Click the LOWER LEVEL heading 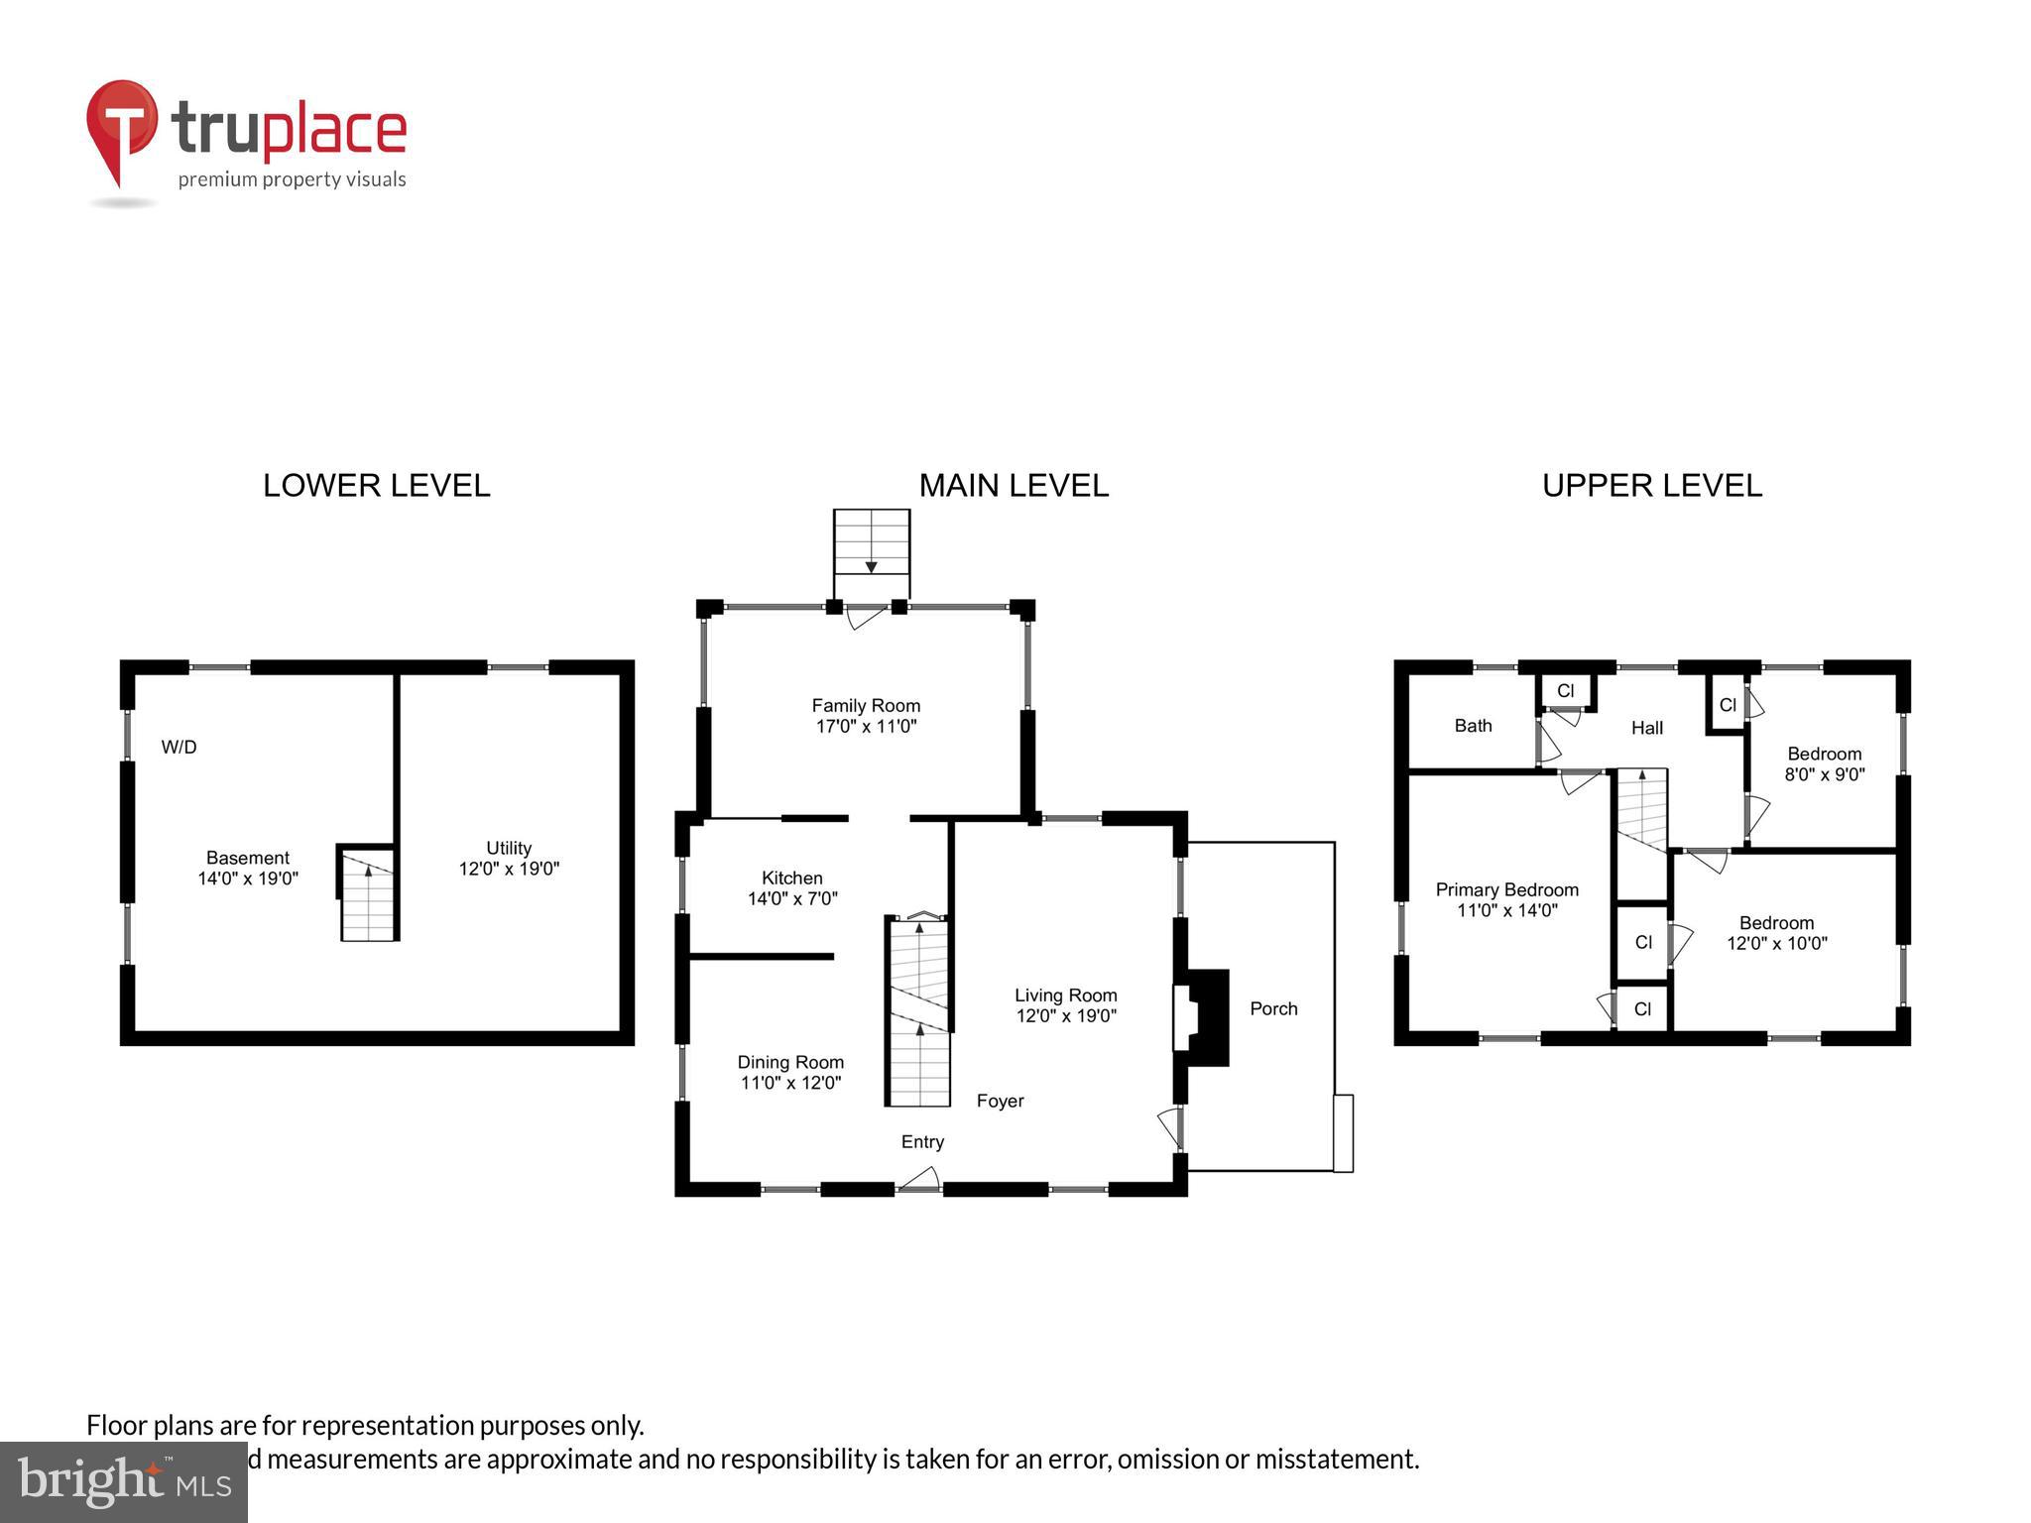coord(376,485)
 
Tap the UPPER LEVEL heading coord(1651,485)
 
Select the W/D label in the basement coord(179,747)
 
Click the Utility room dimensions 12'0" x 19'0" coord(509,869)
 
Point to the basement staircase coord(368,894)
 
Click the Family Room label coord(866,705)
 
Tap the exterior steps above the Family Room coord(871,542)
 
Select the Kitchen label coord(791,878)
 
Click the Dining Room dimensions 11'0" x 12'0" coord(790,1083)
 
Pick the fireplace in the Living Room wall coord(1201,1017)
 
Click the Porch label coord(1273,1008)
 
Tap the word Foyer coord(1000,1101)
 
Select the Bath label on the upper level coord(1473,725)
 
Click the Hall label coord(1646,728)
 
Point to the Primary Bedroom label coord(1506,889)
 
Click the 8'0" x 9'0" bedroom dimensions coord(1824,774)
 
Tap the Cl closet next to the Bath coord(1565,691)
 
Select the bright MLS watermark coord(124,1482)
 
